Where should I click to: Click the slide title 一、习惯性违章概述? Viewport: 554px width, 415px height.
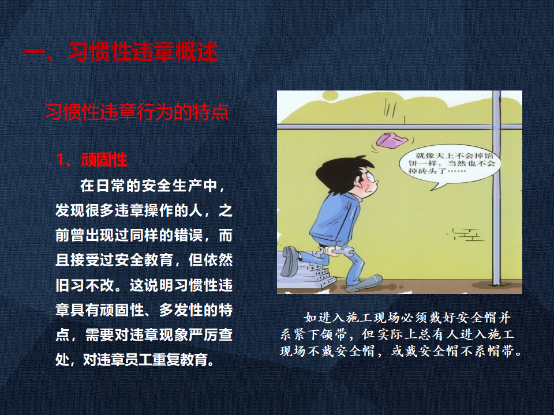click(x=121, y=52)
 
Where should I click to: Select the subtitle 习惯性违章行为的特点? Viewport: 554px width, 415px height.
click(x=137, y=112)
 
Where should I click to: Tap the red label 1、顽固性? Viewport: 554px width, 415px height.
click(x=92, y=160)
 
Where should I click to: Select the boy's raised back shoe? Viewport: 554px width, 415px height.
click(x=290, y=261)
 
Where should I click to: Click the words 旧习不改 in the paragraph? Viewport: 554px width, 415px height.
click(x=85, y=285)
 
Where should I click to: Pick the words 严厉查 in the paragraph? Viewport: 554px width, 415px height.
click(x=210, y=335)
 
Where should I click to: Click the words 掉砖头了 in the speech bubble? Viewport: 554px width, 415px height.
click(x=427, y=171)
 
